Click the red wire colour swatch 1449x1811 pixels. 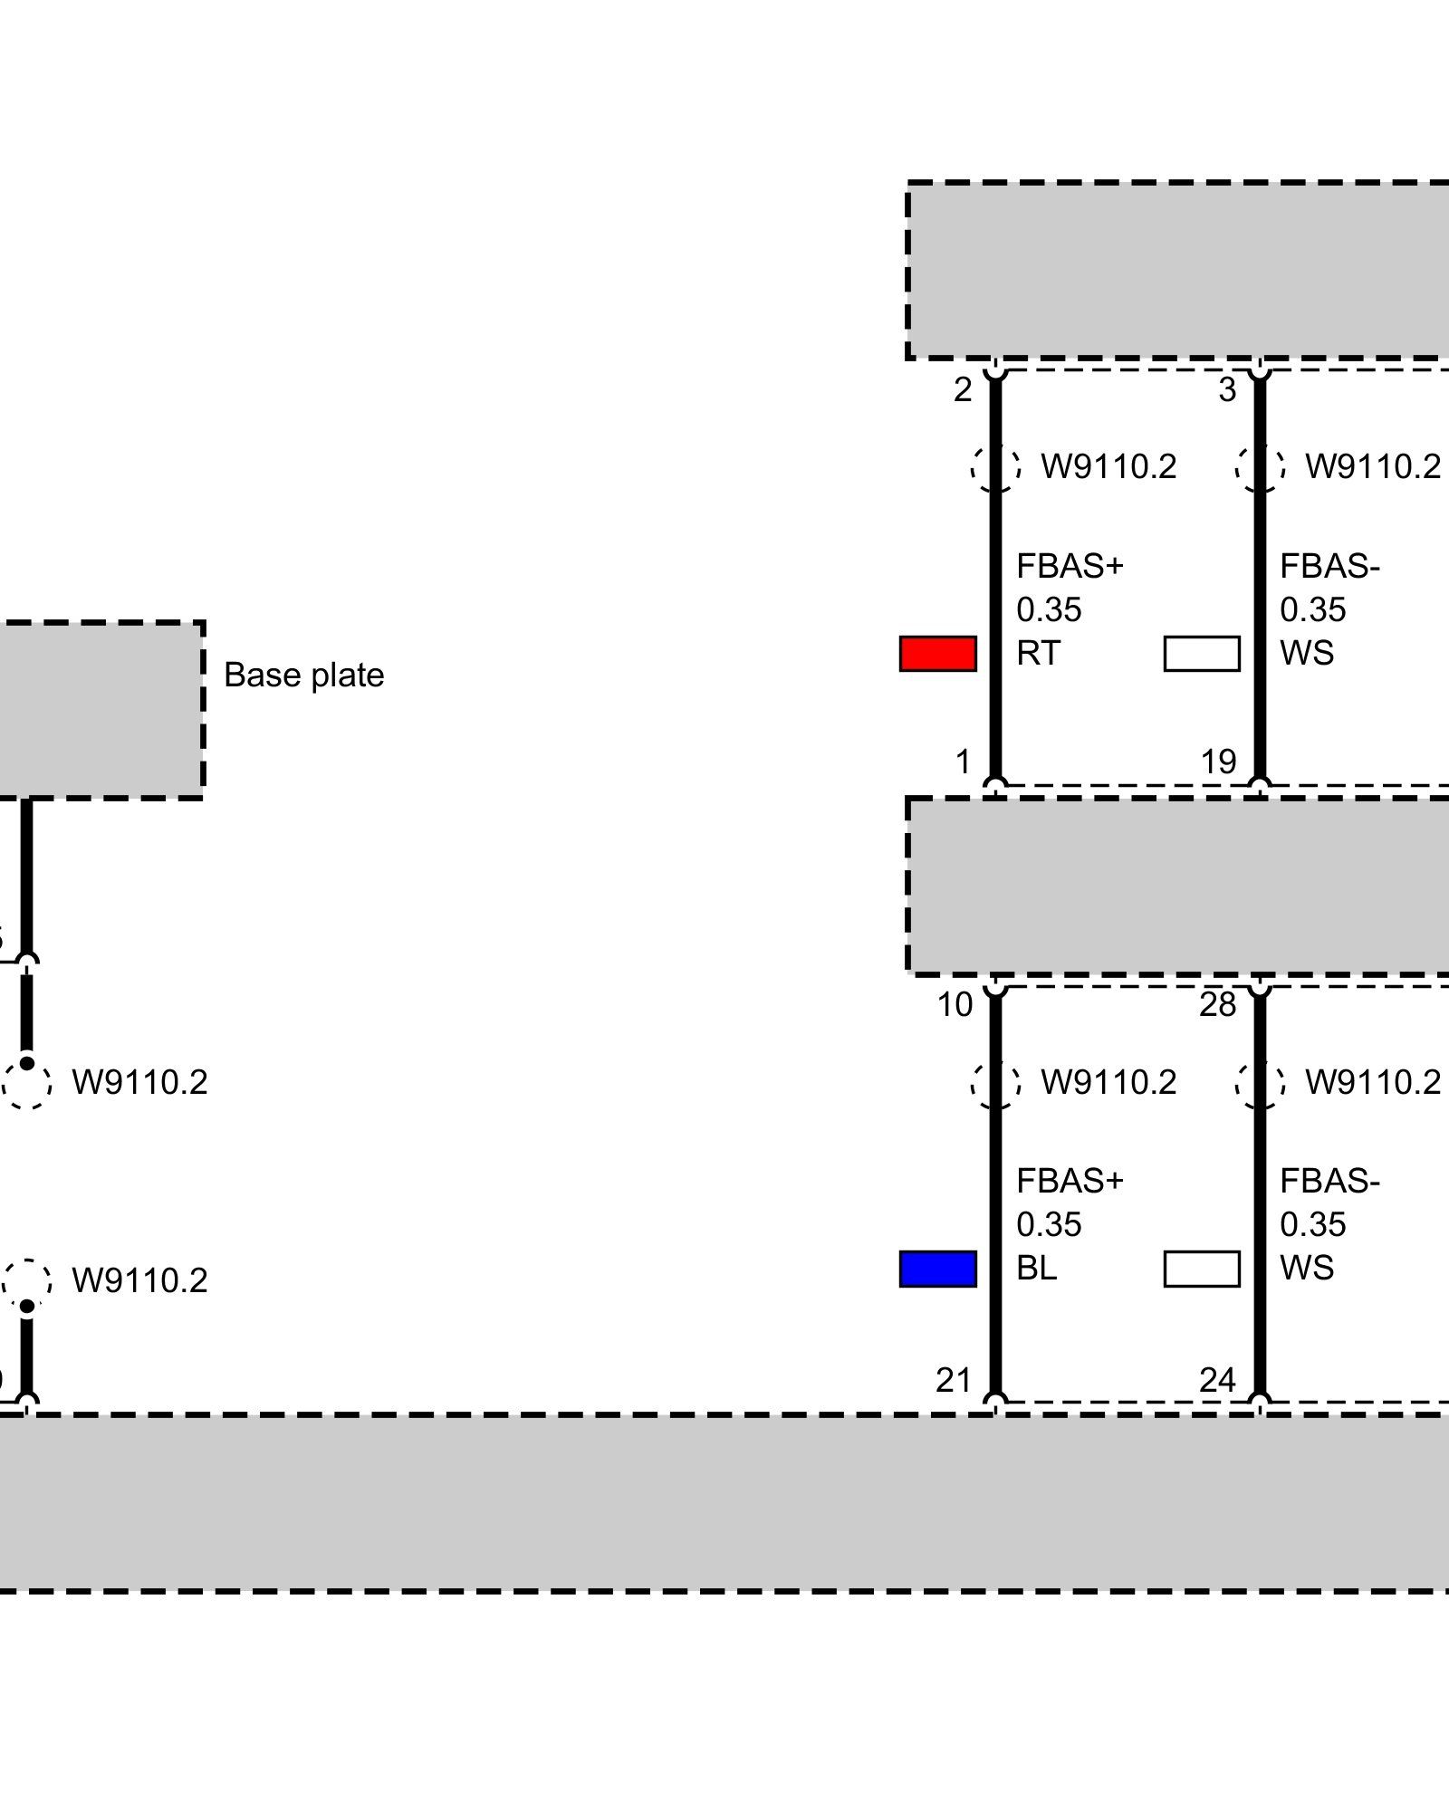(937, 653)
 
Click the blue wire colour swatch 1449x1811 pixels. (937, 1269)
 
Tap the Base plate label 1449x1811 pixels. (303, 676)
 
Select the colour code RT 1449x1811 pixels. (1037, 653)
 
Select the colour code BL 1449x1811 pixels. (1036, 1268)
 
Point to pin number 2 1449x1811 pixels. (962, 390)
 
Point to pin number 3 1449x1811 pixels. (1226, 390)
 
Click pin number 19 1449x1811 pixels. (1218, 762)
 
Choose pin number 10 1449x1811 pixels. (955, 1005)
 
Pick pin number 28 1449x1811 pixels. (1217, 1005)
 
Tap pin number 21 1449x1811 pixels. (954, 1381)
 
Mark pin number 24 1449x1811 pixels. (1217, 1381)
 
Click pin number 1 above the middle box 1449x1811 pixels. (963, 762)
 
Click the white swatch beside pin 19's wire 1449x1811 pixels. (1201, 653)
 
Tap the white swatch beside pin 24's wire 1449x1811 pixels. (1201, 1269)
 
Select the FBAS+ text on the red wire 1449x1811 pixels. (1070, 567)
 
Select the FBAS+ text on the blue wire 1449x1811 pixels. (1070, 1182)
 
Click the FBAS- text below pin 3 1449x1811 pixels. (1329, 567)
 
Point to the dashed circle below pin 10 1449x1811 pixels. (995, 1083)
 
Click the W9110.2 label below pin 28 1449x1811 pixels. (1372, 1083)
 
